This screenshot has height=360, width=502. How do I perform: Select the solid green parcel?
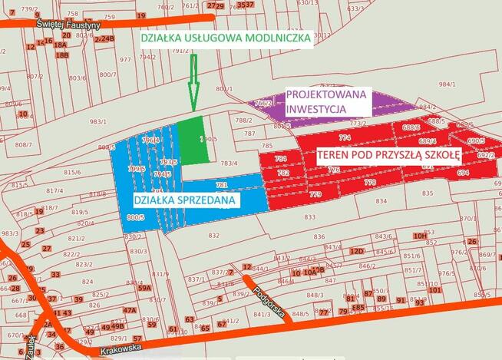point(193,140)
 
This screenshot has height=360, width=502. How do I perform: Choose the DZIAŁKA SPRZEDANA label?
point(185,200)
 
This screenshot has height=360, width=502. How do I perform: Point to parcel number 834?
point(381,201)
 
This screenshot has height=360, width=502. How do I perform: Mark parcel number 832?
point(214,235)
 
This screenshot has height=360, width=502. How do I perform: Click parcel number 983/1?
point(97,121)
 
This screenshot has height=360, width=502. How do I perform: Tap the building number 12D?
point(356,251)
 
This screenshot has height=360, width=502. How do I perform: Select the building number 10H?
point(419,236)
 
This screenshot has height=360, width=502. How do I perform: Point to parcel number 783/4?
point(230,163)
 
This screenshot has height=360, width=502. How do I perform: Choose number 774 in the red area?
point(345,138)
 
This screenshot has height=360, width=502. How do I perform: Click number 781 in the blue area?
point(221,185)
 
